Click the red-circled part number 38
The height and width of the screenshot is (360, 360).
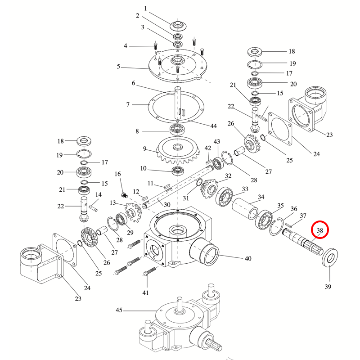(x=320, y=230)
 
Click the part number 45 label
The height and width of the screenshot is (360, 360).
(x=119, y=310)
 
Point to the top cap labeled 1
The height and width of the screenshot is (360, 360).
(x=178, y=26)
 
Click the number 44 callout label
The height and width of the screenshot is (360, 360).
(x=213, y=126)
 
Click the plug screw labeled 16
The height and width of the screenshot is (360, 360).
(x=124, y=195)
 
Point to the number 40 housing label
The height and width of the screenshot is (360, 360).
(x=248, y=258)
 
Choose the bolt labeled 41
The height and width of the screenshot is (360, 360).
(x=149, y=272)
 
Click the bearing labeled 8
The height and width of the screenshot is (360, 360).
(x=177, y=129)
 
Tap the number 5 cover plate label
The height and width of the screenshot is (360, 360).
(x=118, y=67)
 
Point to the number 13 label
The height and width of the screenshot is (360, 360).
(x=113, y=203)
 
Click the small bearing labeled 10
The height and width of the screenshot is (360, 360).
(x=178, y=171)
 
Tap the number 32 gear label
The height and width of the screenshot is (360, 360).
(x=228, y=176)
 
